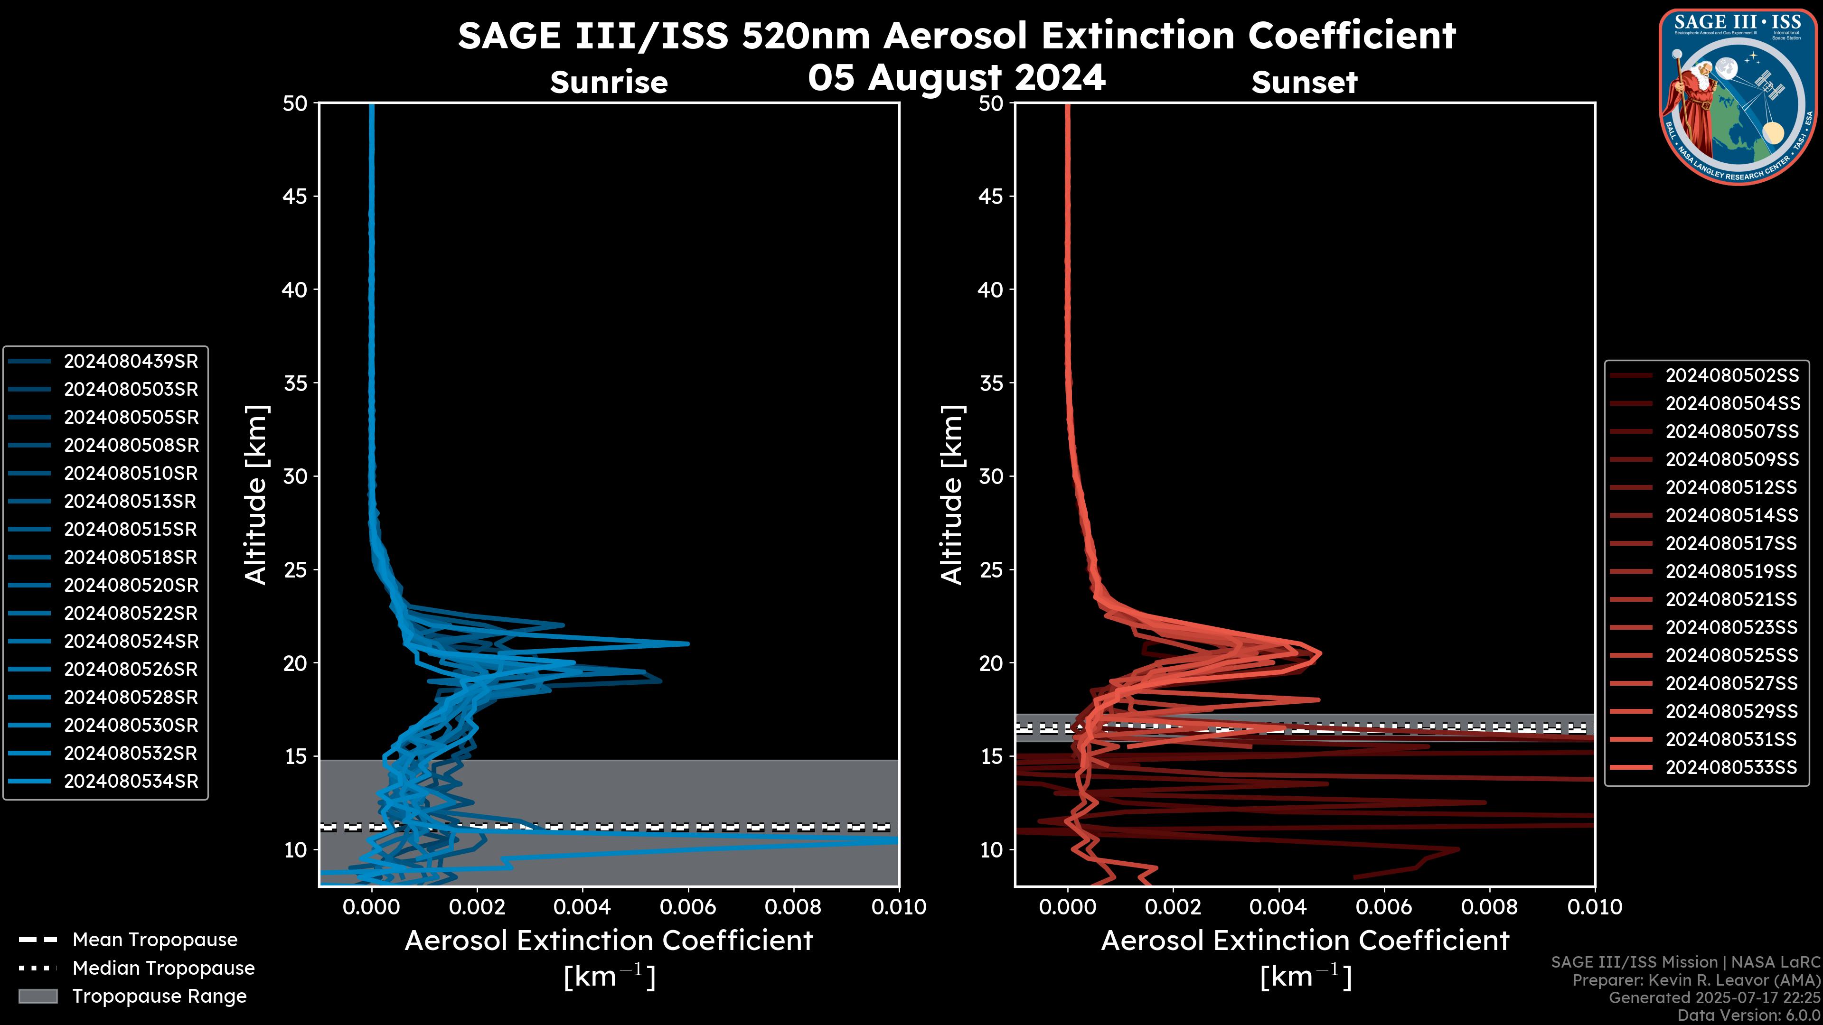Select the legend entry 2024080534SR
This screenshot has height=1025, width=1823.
131,782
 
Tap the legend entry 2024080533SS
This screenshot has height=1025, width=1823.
1731,767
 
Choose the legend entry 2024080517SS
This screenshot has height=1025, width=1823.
1731,543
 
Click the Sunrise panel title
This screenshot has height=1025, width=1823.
609,83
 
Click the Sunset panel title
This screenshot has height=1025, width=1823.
1304,83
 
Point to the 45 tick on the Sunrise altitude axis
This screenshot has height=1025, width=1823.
296,196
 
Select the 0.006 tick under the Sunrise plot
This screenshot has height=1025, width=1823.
688,907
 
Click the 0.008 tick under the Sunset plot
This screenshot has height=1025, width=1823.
1490,907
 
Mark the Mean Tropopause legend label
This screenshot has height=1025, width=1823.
155,940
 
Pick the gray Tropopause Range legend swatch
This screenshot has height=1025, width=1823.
38,997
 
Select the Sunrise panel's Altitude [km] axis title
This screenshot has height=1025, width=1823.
256,494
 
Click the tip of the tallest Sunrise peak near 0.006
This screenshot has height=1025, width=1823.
688,644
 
